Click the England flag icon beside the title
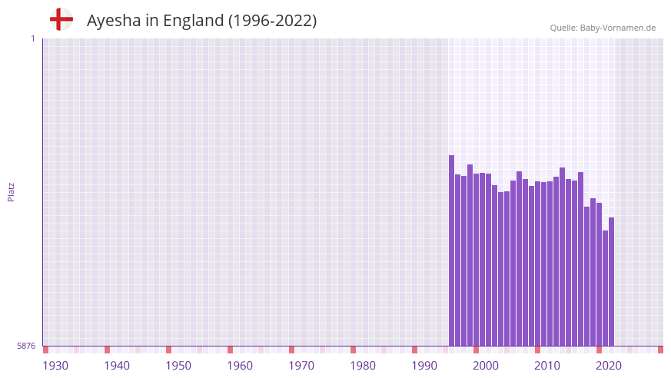pyautogui.click(x=61, y=20)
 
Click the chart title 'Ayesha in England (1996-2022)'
pyautogui.click(x=201, y=21)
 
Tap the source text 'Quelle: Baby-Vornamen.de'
pyautogui.click(x=603, y=28)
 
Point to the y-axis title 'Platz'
pyautogui.click(x=11, y=191)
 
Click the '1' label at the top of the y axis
pyautogui.click(x=32, y=38)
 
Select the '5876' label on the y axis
pyautogui.click(x=26, y=346)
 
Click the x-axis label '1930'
pyautogui.click(x=55, y=366)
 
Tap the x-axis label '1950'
pyautogui.click(x=178, y=366)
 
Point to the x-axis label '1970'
pyautogui.click(x=301, y=366)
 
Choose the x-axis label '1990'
pyautogui.click(x=424, y=366)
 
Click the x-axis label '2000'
pyautogui.click(x=486, y=366)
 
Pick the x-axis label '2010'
pyautogui.click(x=547, y=366)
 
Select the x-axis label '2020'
pyautogui.click(x=609, y=366)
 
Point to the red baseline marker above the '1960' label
pyautogui.click(x=230, y=350)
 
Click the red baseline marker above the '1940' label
pyautogui.click(x=107, y=350)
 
